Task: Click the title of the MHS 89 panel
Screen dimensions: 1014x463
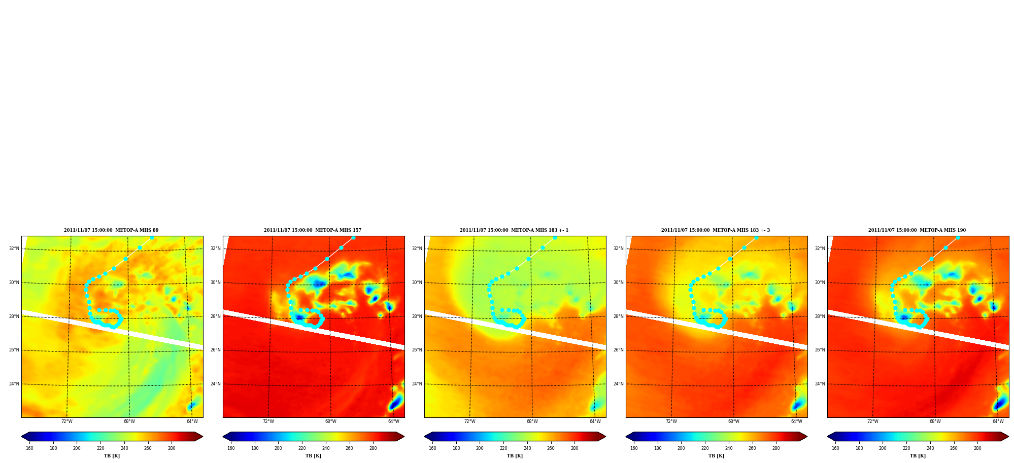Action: (x=111, y=230)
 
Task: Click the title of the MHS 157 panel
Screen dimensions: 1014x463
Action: (x=313, y=230)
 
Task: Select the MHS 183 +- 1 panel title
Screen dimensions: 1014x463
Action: (x=514, y=230)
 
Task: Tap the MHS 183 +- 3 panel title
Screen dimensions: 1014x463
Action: (x=716, y=230)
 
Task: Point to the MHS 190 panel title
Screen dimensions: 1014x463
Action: (x=917, y=230)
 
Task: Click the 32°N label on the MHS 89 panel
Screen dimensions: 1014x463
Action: (x=14, y=248)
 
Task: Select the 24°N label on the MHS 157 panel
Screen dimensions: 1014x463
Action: (x=215, y=384)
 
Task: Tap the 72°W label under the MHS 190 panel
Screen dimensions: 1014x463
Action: (x=873, y=421)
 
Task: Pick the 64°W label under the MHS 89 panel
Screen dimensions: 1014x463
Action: (x=192, y=421)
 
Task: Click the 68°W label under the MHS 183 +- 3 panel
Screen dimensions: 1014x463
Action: (x=734, y=421)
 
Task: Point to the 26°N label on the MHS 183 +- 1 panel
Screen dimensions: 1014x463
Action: (x=417, y=350)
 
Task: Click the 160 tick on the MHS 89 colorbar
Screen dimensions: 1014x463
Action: (x=29, y=448)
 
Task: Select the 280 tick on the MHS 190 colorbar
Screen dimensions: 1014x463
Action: (x=977, y=448)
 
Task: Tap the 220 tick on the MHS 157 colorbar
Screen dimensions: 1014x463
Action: (x=302, y=448)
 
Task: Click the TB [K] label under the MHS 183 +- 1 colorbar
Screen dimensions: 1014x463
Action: (x=515, y=456)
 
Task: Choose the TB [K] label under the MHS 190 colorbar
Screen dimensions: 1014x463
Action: (x=918, y=456)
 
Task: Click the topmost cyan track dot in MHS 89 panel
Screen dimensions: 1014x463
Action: (x=152, y=237)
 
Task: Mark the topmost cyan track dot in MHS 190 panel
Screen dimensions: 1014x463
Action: (x=958, y=237)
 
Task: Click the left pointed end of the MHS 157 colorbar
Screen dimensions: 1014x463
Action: (x=223, y=437)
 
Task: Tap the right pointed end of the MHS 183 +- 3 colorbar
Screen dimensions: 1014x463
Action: (x=807, y=437)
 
